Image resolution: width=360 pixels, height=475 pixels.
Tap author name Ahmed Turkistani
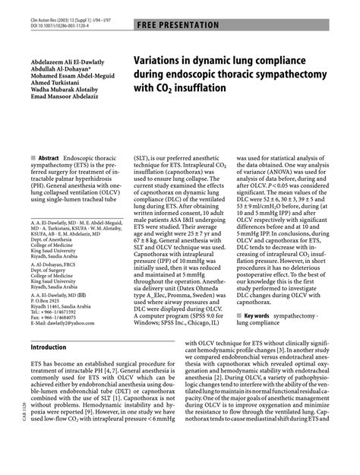(x=55, y=83)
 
